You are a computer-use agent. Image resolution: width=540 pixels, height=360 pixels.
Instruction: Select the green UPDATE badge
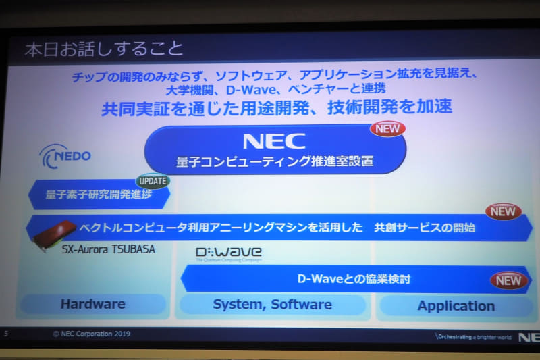153,181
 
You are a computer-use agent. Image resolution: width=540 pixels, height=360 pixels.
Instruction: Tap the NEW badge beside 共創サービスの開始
503,212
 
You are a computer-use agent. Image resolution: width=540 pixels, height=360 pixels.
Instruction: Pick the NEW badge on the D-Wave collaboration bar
509,280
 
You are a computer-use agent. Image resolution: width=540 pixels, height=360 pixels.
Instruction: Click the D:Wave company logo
228,253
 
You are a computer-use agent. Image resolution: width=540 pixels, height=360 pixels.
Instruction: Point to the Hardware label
92,304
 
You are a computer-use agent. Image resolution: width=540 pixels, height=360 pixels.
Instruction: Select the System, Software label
272,304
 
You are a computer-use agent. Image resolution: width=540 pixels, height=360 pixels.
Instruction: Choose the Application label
456,305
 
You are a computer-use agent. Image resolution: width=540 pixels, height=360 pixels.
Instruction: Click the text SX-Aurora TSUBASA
108,249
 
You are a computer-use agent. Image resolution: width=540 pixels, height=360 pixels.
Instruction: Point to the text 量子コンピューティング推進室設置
275,162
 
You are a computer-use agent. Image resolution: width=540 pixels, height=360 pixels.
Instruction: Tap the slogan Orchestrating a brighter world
473,336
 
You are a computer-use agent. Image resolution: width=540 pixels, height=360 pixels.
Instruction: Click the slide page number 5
5,333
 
